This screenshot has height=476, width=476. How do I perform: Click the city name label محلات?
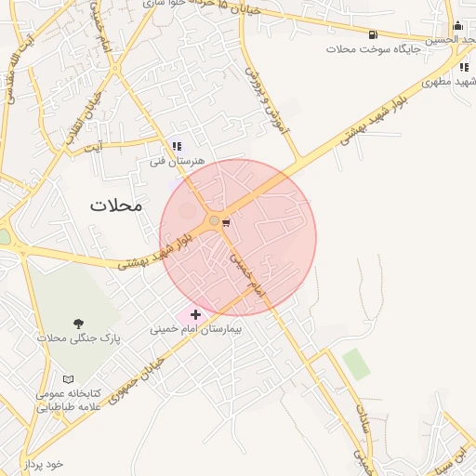(x=116, y=205)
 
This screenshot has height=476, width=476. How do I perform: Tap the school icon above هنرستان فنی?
(x=177, y=146)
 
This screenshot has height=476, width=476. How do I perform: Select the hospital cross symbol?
(x=195, y=315)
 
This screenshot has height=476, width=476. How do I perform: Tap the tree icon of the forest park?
(x=77, y=323)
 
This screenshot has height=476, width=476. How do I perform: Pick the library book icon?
(x=67, y=379)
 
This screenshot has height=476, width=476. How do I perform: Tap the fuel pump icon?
(x=373, y=35)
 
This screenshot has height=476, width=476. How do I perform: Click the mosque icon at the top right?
(x=457, y=26)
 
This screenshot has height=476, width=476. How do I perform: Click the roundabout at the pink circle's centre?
(x=215, y=220)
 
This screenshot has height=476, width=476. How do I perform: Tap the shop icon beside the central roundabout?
(x=226, y=221)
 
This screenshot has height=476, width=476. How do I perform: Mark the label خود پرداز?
(x=43, y=463)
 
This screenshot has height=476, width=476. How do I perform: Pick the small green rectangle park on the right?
(x=355, y=364)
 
